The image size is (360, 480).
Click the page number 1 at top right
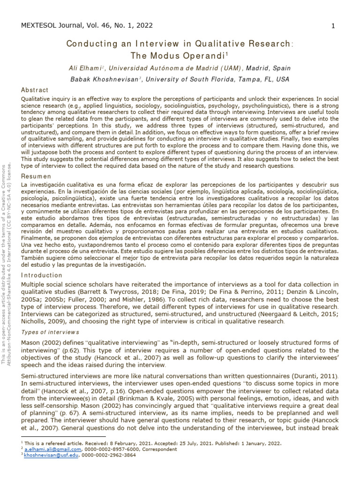333,26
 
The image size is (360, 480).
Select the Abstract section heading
35,90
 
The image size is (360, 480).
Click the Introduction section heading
42,275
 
